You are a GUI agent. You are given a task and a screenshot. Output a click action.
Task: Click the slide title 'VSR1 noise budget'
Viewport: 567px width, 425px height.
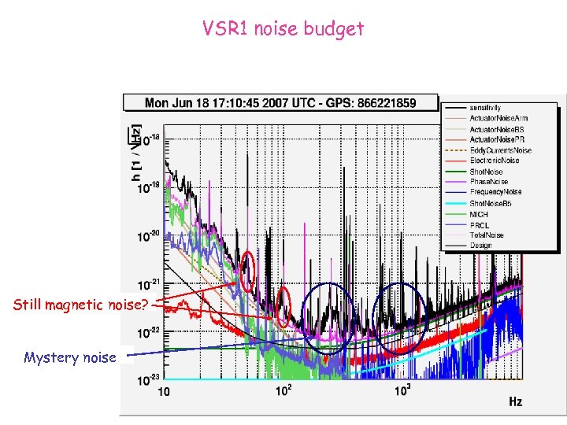pos(283,29)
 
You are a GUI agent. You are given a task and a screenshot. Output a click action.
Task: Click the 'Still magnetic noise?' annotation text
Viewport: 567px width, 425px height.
pos(80,305)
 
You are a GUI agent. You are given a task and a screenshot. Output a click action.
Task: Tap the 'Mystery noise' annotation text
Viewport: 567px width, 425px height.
pos(69,357)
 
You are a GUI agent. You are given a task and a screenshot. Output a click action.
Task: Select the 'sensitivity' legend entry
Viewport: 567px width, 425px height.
pos(485,107)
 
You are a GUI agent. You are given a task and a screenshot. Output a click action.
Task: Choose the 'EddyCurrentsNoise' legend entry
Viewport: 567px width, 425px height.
pos(500,150)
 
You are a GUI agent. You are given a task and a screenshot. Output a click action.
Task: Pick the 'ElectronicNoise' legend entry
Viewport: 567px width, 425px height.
pos(495,161)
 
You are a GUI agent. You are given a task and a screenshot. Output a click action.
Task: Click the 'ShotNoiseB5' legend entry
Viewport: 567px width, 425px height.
pos(491,203)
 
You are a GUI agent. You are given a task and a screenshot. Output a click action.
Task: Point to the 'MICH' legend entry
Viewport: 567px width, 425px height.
pos(479,214)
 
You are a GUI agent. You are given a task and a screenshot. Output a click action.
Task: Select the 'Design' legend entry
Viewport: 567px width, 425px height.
pos(480,246)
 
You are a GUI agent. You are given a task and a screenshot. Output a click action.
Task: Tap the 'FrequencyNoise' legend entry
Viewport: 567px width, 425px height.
pos(495,192)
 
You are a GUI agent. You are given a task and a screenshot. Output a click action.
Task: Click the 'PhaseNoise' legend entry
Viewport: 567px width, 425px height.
pos(489,182)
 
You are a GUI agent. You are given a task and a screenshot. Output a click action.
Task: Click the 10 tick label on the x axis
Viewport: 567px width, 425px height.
pos(165,391)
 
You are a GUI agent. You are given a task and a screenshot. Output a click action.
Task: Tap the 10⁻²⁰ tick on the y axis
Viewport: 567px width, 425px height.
pos(147,235)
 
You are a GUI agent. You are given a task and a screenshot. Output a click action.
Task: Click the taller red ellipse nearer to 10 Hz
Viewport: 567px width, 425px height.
pos(248,272)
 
